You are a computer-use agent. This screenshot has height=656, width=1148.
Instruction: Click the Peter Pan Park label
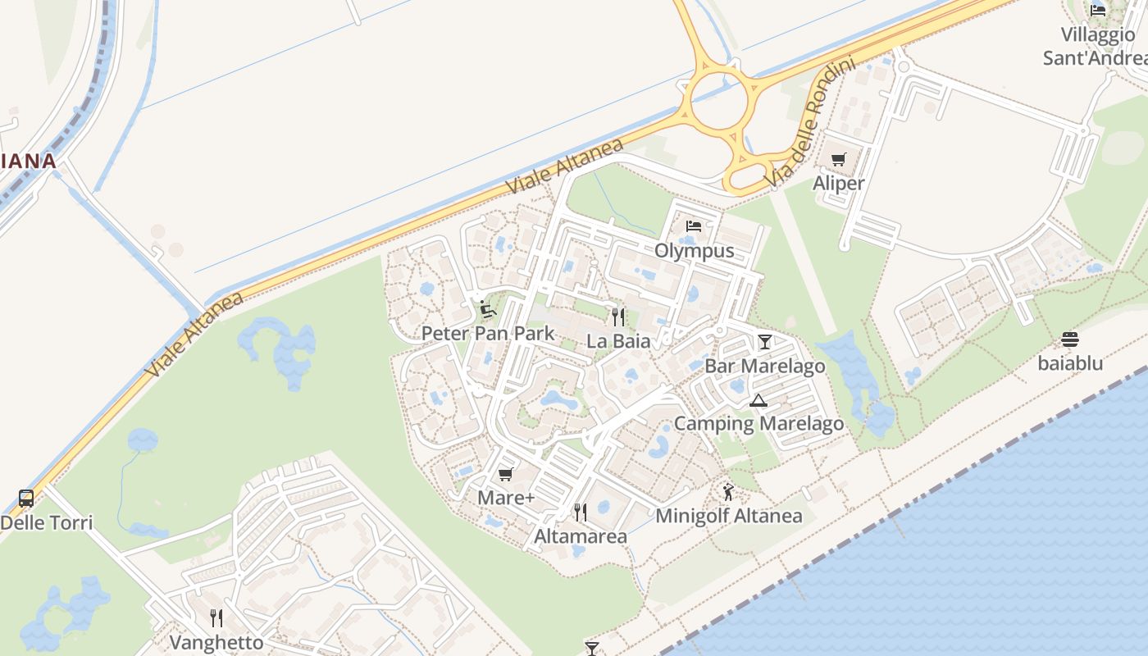click(488, 334)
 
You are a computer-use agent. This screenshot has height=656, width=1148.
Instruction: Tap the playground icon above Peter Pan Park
click(488, 310)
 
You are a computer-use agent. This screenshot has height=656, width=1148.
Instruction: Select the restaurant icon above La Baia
click(618, 317)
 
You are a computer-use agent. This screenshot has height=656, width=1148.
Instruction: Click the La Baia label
click(618, 341)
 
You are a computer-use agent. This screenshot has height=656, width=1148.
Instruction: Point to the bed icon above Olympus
click(694, 225)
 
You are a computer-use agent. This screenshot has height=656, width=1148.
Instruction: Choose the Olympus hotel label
click(694, 250)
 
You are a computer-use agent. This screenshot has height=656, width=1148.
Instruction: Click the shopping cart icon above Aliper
click(838, 159)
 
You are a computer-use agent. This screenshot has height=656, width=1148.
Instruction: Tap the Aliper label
click(838, 183)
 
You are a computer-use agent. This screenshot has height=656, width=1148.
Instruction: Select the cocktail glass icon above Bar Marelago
click(765, 341)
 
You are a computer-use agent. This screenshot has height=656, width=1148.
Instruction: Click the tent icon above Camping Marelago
click(758, 400)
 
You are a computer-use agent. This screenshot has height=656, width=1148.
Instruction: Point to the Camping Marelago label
click(758, 424)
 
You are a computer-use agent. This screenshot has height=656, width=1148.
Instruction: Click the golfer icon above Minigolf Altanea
click(728, 492)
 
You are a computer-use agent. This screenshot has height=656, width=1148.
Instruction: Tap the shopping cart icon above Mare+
click(506, 474)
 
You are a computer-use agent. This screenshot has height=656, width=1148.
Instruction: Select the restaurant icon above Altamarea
click(581, 512)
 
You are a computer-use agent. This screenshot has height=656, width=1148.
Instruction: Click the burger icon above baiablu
click(1070, 339)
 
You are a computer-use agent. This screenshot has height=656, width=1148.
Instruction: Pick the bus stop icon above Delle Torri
click(26, 498)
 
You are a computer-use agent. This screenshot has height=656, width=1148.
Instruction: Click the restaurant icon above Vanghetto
click(216, 617)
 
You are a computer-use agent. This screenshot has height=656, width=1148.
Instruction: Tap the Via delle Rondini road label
click(809, 121)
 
